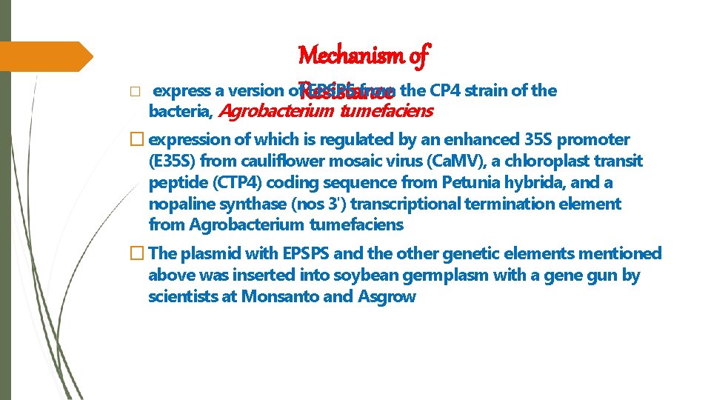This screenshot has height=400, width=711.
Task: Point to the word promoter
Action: click(x=593, y=139)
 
